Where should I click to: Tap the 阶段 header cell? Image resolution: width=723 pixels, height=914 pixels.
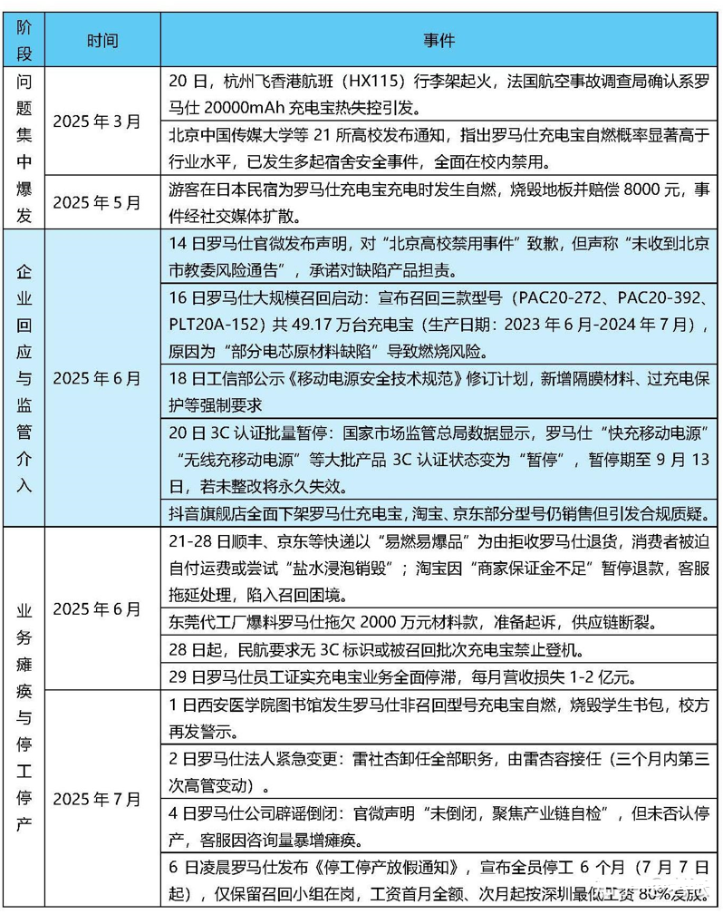click(24, 41)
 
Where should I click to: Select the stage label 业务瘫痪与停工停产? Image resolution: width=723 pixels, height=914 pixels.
click(24, 717)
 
